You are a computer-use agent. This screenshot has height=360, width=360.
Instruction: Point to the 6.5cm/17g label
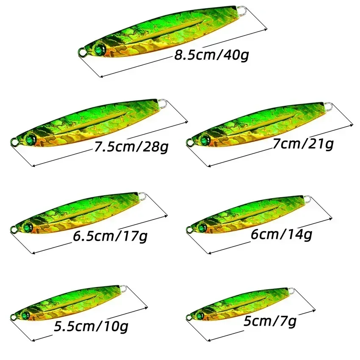point(110,235)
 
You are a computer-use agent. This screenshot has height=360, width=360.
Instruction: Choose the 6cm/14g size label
point(281,234)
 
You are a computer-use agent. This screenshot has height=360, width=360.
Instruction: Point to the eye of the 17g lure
point(28,226)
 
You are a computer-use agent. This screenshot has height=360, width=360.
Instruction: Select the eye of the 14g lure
point(204,225)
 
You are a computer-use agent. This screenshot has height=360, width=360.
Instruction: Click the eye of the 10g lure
point(26,314)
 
